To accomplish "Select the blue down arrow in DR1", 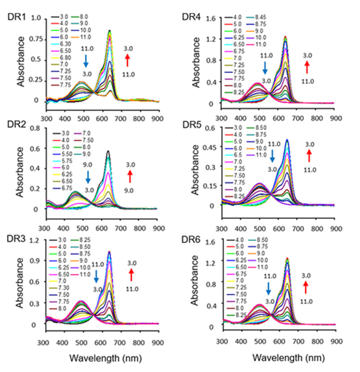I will (x=86, y=61).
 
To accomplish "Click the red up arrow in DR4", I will (x=308, y=67).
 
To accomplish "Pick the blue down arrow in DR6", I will (x=269, y=287).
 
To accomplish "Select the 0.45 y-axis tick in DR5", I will (x=209, y=147).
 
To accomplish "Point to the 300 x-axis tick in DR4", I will (x=221, y=118).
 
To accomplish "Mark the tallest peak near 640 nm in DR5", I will (x=287, y=140).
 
